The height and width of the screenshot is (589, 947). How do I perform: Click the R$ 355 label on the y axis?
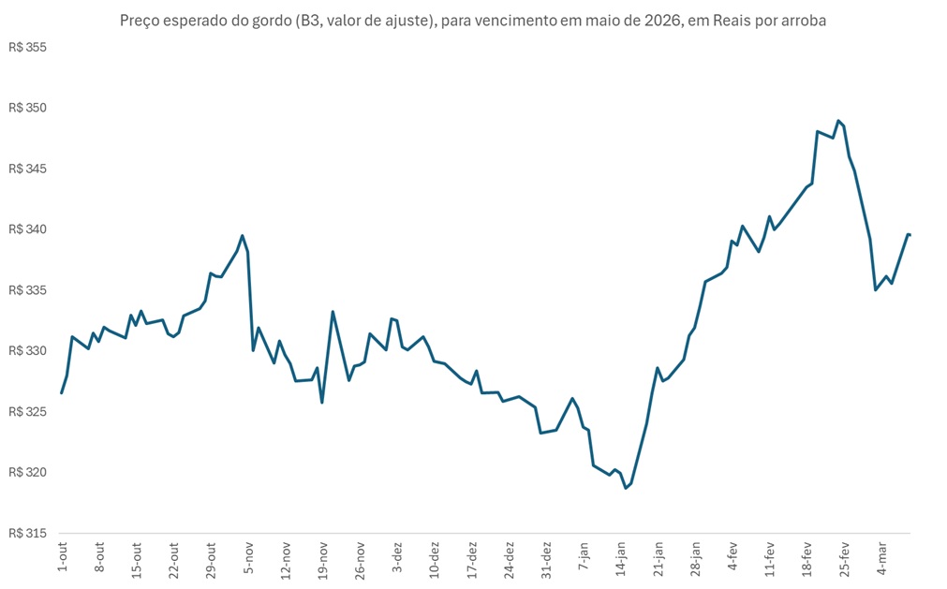click(27, 48)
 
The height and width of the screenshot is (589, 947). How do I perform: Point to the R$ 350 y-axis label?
click(27, 109)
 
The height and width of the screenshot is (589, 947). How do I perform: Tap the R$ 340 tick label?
click(27, 229)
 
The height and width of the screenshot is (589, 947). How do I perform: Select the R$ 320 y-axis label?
click(27, 472)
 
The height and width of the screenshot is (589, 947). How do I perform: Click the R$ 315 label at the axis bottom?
click(27, 533)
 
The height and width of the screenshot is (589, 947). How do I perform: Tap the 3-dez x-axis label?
click(397, 555)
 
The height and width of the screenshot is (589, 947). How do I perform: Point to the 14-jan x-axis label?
click(620, 558)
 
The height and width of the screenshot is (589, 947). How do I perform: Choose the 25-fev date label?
click(843, 558)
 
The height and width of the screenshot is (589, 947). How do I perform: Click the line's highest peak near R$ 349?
click(838, 121)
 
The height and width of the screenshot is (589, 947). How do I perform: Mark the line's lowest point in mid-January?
click(626, 488)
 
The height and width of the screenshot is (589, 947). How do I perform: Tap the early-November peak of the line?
click(243, 236)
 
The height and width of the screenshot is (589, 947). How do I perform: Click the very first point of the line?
click(62, 392)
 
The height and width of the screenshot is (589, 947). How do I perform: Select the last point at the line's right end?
click(910, 234)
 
